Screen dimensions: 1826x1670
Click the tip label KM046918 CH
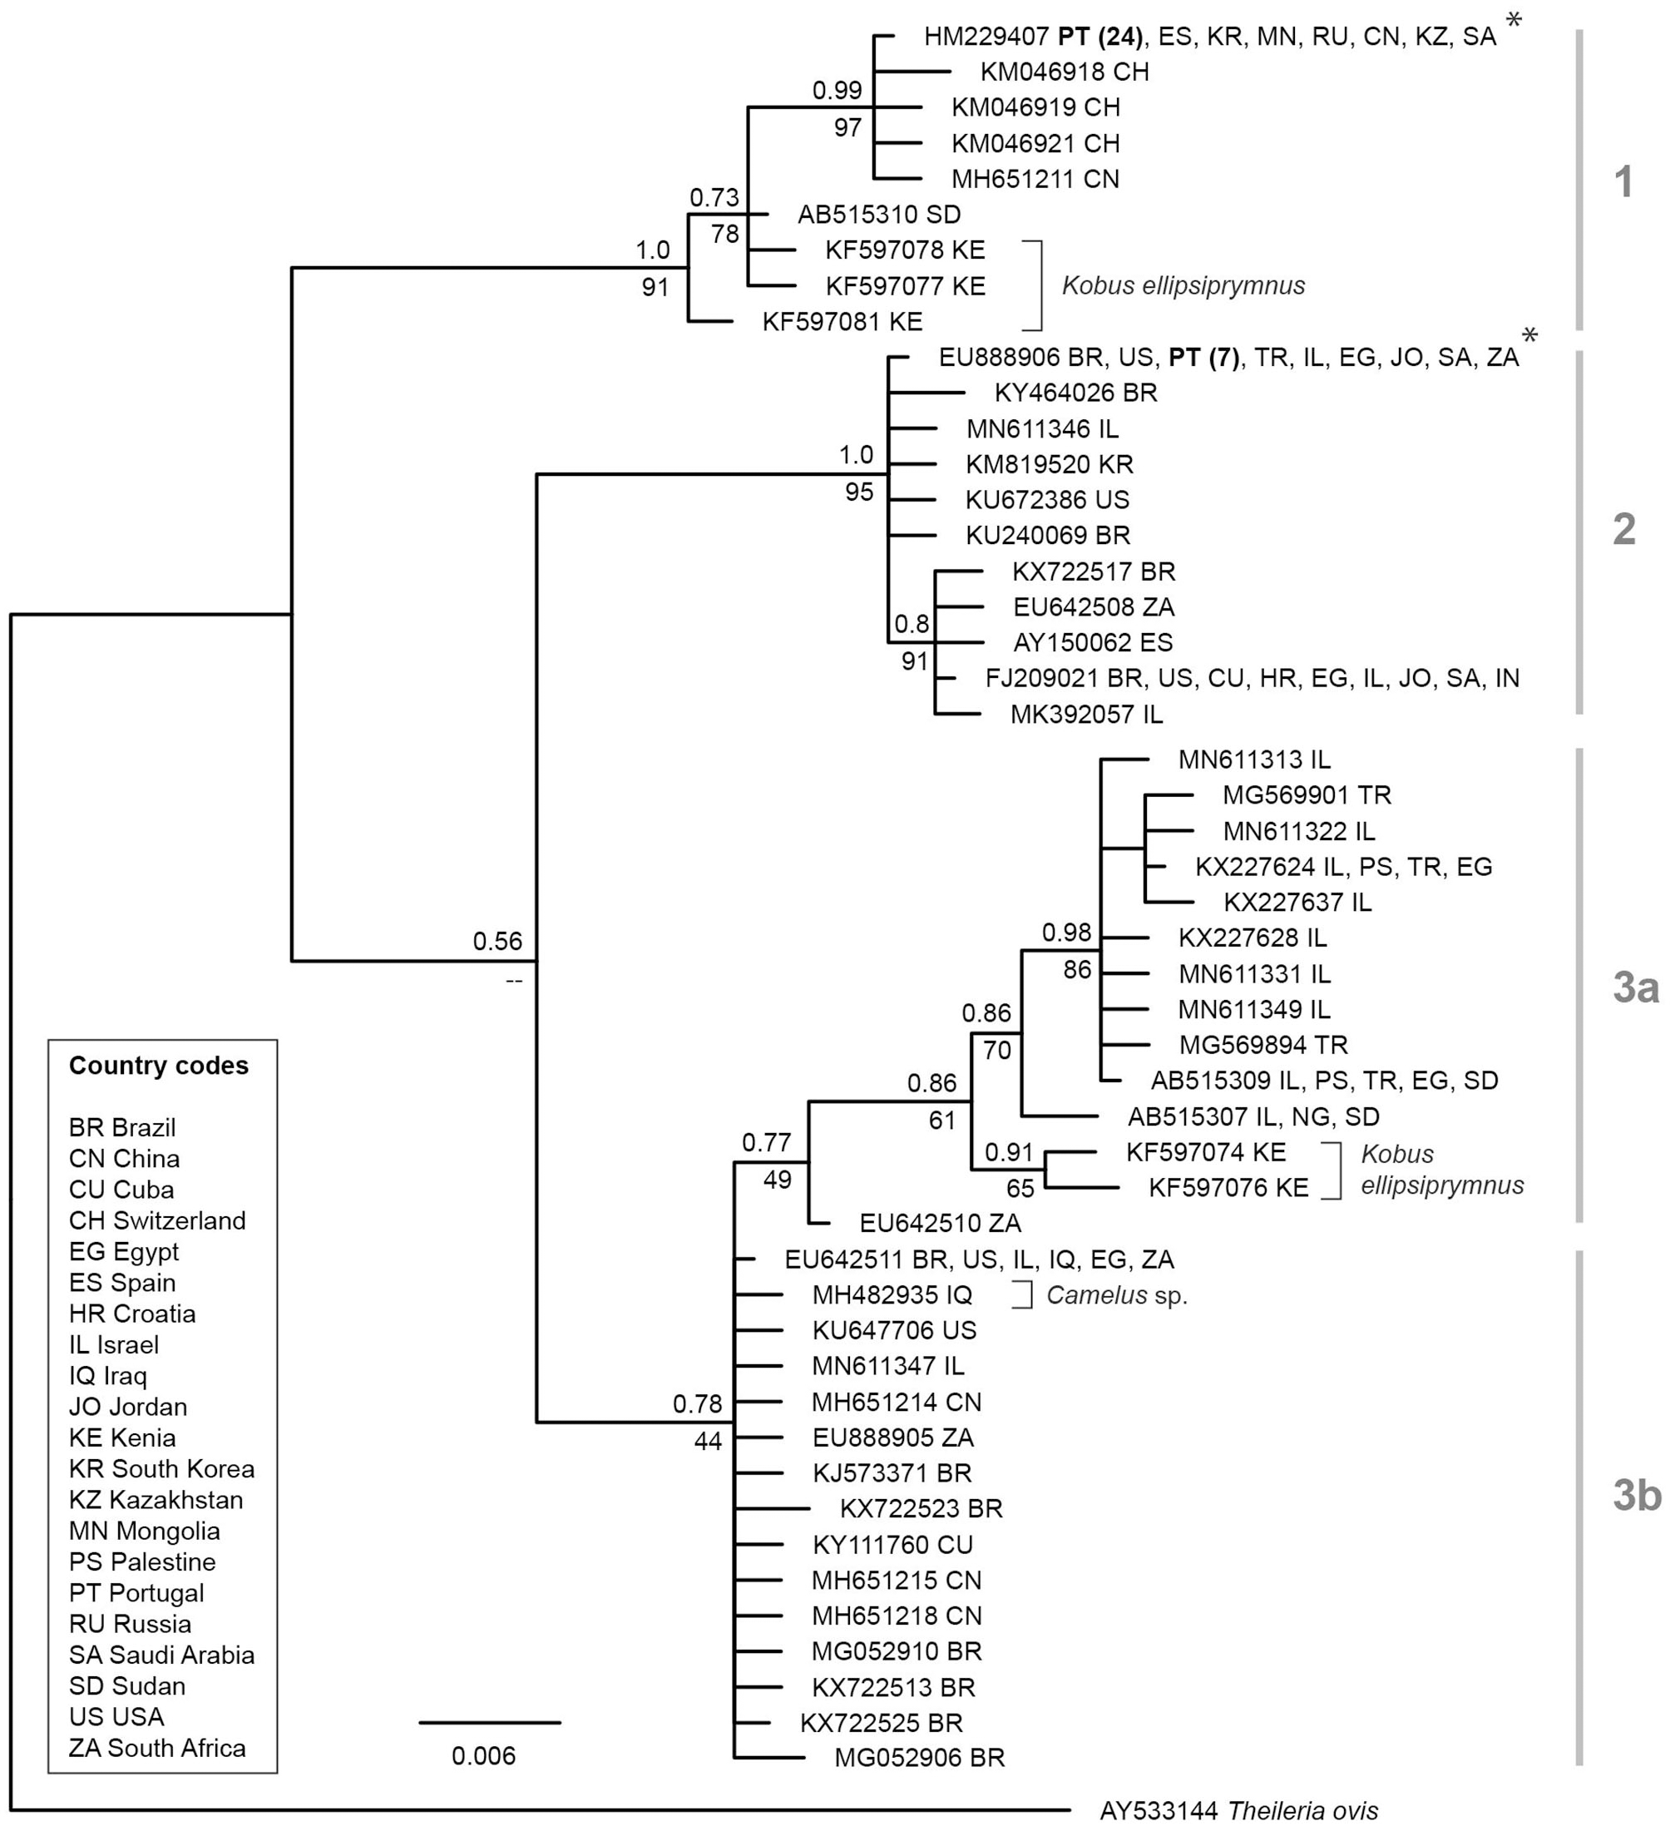(1065, 72)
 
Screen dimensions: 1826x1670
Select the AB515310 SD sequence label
(878, 215)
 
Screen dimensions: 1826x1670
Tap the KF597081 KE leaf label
(842, 322)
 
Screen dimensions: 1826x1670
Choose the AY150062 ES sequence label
(1092, 643)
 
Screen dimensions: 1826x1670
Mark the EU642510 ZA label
(940, 1224)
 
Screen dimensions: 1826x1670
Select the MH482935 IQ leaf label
(892, 1295)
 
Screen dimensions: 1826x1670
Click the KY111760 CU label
(892, 1544)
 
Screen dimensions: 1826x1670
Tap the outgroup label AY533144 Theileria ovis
(1238, 1810)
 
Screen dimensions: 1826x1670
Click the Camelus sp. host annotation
(1117, 1295)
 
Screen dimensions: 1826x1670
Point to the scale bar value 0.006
(483, 1756)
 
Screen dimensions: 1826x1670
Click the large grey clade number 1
(1623, 181)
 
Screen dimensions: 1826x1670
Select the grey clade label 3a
(1636, 987)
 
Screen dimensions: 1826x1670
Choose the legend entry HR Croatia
(132, 1314)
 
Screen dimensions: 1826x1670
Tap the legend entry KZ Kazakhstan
(156, 1500)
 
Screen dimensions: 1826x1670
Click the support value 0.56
(497, 941)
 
